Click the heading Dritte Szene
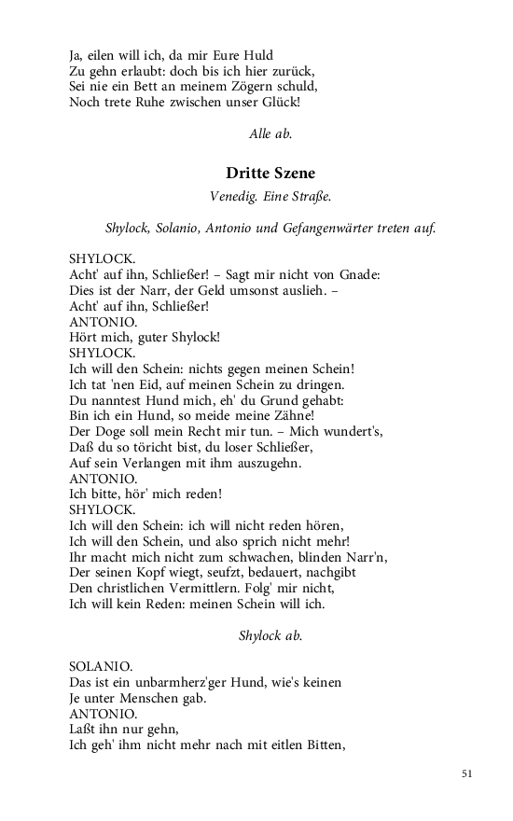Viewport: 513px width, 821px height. [270, 173]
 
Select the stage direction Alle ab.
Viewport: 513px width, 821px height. [270, 134]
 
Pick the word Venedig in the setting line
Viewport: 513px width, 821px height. [232, 197]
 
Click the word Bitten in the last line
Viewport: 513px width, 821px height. [323, 744]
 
